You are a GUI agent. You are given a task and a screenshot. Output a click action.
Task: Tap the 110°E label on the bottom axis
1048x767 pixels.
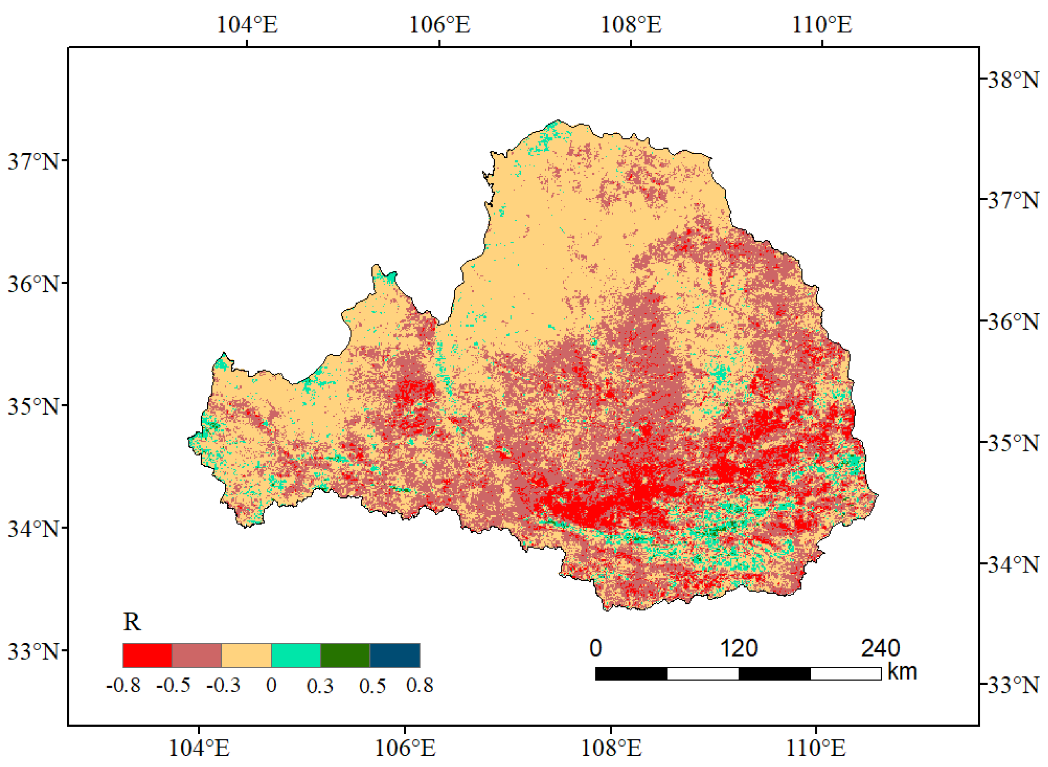coord(815,748)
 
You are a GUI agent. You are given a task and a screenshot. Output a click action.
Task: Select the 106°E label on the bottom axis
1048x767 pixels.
coord(405,748)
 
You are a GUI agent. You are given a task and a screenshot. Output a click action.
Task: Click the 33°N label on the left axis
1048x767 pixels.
coord(33,651)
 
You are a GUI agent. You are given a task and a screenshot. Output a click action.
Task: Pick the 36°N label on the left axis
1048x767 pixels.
coord(33,284)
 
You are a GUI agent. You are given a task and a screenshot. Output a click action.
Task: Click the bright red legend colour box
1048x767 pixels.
coord(147,655)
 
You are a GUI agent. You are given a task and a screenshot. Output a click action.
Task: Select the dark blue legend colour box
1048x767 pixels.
coord(395,655)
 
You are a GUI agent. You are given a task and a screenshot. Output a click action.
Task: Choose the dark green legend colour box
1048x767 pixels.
coord(345,655)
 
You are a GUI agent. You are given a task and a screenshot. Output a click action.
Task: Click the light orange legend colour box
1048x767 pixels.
coord(246,655)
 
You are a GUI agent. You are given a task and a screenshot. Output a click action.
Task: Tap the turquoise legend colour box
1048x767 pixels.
coord(296,655)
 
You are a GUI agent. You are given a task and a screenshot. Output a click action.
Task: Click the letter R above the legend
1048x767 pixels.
coord(132,622)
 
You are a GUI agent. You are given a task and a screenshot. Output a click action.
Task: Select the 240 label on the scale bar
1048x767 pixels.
coord(881,648)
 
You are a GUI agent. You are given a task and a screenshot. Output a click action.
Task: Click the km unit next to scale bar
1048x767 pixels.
coord(902,671)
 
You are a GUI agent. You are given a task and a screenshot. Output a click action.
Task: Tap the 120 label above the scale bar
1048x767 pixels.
coord(739,648)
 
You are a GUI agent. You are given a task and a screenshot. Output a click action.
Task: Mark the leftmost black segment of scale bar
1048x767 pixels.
coord(631,674)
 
